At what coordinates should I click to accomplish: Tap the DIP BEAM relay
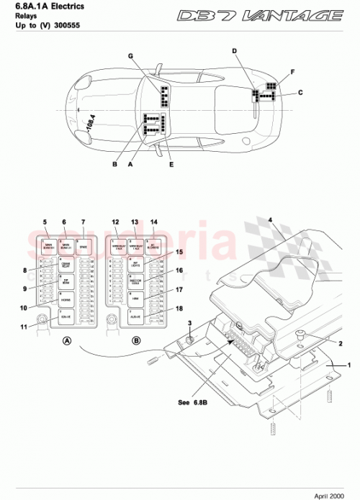tap(66, 281)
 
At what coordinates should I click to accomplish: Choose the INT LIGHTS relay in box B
tap(135, 265)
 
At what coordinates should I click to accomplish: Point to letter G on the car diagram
tap(131, 56)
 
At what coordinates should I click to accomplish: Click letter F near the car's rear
tap(292, 73)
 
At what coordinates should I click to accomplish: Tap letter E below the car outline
tap(171, 164)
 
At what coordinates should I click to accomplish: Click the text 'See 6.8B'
tap(194, 402)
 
